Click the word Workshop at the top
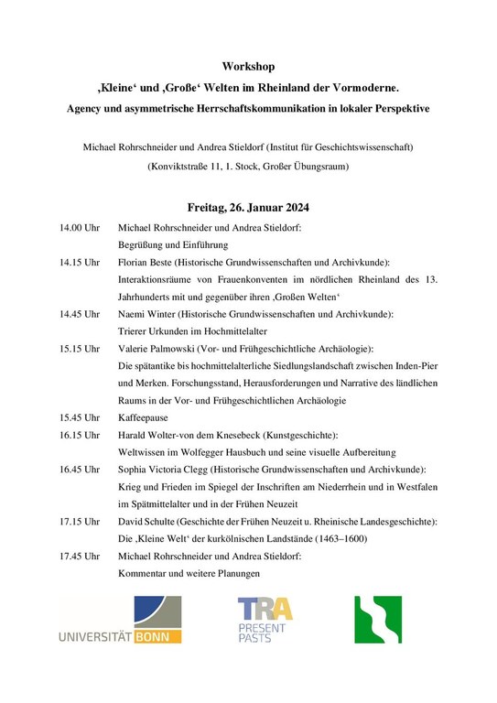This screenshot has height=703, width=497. pos(248,67)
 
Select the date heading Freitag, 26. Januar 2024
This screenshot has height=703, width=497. pos(248,207)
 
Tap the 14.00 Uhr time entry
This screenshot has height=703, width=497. pos(80,227)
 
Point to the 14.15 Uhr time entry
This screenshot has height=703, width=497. pos(80,262)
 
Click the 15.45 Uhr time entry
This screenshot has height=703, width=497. pos(80,416)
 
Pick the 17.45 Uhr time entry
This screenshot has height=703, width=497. pos(80,556)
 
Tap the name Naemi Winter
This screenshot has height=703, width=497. pos(148,314)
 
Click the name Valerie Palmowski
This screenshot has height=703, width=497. pos(160,349)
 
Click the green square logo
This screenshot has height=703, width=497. pos(378,620)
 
